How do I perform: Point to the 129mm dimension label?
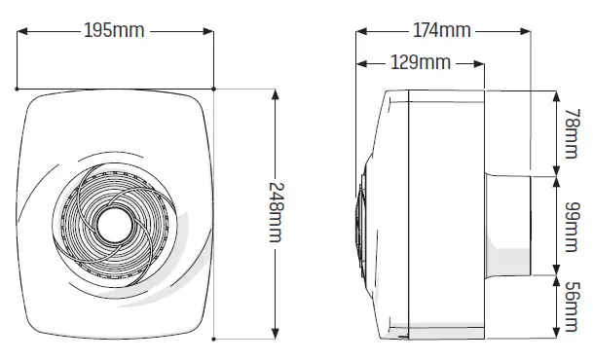[420, 64]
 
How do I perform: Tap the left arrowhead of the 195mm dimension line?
[23, 30]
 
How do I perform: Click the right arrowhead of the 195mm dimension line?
[208, 30]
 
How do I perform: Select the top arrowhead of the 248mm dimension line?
[277, 95]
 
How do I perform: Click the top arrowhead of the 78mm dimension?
[556, 96]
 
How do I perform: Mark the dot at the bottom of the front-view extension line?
[213, 338]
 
